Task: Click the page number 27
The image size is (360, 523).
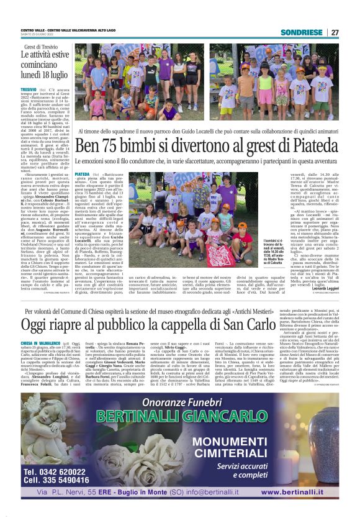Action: (335, 32)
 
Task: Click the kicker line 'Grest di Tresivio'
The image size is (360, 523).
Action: (41, 47)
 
